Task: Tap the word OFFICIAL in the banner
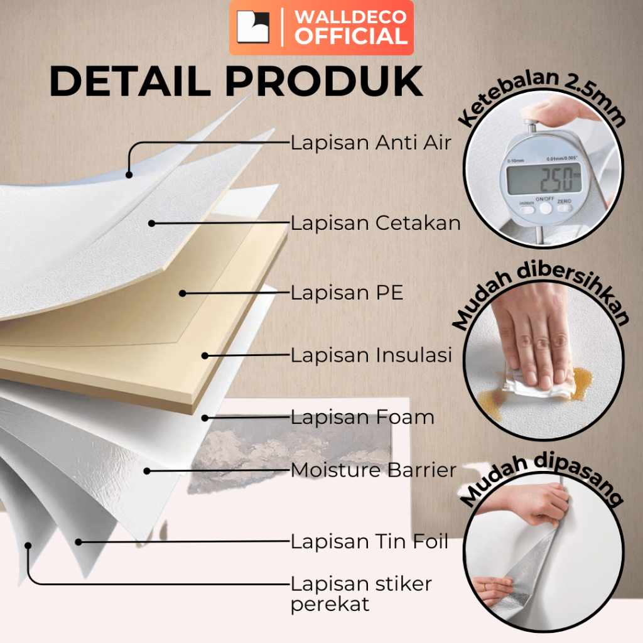tap(352, 36)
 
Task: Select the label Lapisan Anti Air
tap(370, 143)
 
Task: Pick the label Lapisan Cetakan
tap(376, 223)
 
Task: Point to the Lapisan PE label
tap(347, 293)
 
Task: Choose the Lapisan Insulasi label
tap(371, 355)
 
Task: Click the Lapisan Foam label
tap(362, 417)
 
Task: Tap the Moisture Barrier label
tap(374, 470)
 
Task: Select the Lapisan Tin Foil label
tap(369, 541)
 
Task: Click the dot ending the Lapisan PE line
tap(182, 293)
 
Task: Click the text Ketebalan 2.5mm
tap(543, 94)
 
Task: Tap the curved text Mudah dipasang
tap(543, 480)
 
